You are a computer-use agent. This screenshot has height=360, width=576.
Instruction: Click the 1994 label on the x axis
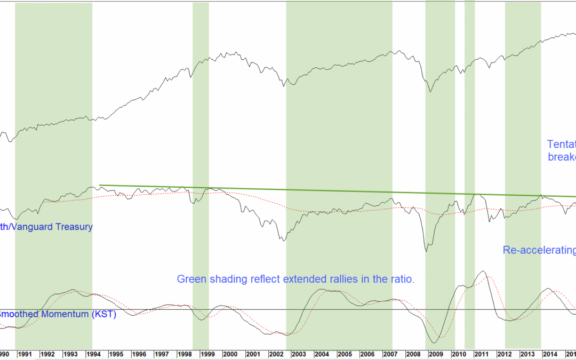93,354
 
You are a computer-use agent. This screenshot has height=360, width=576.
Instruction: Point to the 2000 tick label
230,354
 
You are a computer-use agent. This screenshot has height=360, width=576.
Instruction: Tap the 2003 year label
299,354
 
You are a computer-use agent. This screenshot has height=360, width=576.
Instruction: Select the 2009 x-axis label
436,354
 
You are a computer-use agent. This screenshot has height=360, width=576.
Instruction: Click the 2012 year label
505,354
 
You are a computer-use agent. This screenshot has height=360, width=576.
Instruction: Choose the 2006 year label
367,354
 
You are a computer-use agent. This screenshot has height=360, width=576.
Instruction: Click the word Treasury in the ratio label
74,227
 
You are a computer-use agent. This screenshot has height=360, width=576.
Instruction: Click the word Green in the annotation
190,279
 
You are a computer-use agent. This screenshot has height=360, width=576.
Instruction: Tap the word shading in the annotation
226,279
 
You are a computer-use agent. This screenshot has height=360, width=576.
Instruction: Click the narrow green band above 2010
469,160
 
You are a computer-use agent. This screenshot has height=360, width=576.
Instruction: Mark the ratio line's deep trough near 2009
426,251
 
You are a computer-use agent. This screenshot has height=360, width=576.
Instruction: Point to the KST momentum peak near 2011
483,271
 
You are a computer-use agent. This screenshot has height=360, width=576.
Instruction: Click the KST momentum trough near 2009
434,342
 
